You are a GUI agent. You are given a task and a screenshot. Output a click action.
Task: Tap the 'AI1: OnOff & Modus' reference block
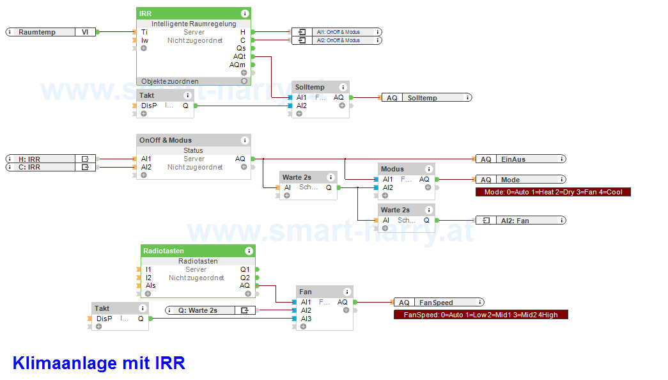[337, 32]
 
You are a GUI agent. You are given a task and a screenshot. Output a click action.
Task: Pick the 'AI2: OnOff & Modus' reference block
[337, 40]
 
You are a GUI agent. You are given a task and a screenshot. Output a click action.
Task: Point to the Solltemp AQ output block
[427, 98]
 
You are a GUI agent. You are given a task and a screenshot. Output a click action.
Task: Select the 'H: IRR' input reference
[50, 159]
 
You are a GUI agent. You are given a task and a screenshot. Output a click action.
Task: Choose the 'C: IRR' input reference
[50, 167]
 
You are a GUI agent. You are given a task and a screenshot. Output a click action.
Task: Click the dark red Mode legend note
[553, 192]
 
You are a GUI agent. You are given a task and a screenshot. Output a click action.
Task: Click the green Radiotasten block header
[198, 251]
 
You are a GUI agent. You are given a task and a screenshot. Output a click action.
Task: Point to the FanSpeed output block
[439, 303]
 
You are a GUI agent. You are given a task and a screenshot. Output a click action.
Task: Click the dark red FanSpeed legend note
[481, 315]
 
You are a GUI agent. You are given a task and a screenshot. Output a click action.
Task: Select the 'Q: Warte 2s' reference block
[210, 310]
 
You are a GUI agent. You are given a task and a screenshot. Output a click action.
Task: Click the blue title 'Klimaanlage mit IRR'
[99, 363]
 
